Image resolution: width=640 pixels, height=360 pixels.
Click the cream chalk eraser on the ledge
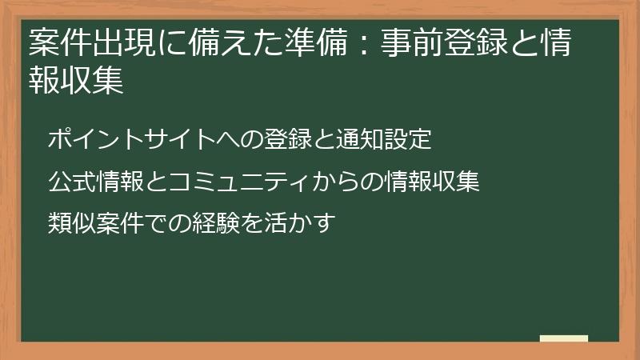(x=564, y=338)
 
